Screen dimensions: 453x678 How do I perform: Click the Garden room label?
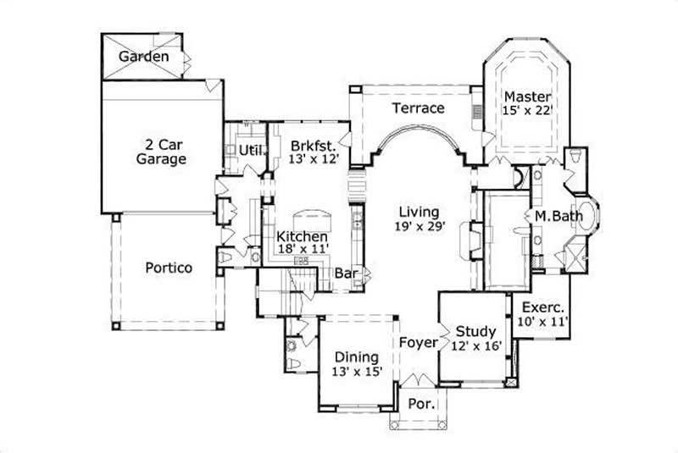click(143, 57)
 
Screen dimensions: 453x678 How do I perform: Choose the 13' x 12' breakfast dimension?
click(314, 158)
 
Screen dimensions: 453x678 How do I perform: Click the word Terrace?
click(418, 108)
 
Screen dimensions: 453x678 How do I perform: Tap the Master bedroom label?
click(527, 96)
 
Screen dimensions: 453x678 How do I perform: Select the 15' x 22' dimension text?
click(527, 111)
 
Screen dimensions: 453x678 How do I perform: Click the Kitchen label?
click(303, 235)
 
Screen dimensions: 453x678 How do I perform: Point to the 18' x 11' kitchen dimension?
click(303, 250)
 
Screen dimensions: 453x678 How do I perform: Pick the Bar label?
click(345, 273)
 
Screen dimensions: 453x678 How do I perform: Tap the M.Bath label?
click(559, 216)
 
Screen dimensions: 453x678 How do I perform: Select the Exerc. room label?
click(542, 307)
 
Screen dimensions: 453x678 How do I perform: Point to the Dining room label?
click(356, 356)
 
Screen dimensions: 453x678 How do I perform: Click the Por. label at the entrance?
click(421, 404)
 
